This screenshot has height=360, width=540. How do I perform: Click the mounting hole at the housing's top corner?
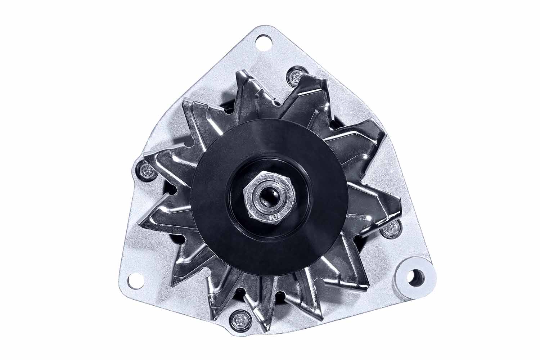point(265,43)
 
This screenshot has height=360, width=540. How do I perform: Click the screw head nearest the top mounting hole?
point(296,76)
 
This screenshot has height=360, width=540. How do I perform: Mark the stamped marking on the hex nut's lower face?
point(273,217)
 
